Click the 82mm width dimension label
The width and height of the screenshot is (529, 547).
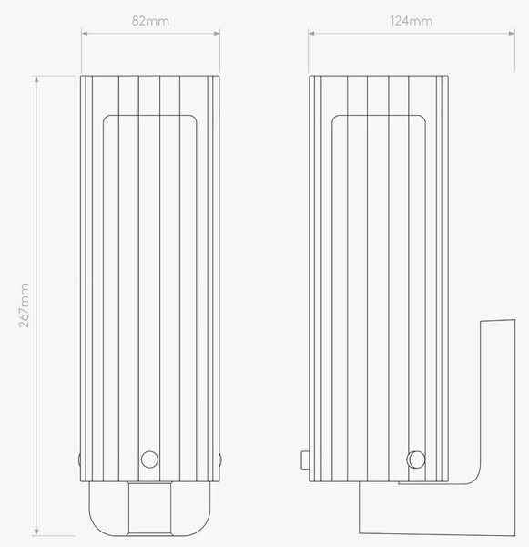pos(150,21)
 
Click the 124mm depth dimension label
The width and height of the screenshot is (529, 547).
pos(412,21)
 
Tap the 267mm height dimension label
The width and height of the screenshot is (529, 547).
pos(24,305)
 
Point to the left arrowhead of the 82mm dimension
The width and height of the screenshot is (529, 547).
pos(84,34)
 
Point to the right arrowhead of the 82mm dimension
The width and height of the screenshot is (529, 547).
pos(217,34)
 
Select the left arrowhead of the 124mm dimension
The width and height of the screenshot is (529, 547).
pos(311,34)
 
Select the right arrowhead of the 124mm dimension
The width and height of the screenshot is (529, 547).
pos(512,34)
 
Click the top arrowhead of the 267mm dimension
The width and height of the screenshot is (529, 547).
pos(36,79)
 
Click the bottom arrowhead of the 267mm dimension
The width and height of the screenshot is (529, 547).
pos(36,532)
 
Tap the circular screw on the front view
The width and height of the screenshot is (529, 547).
pos(149,459)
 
